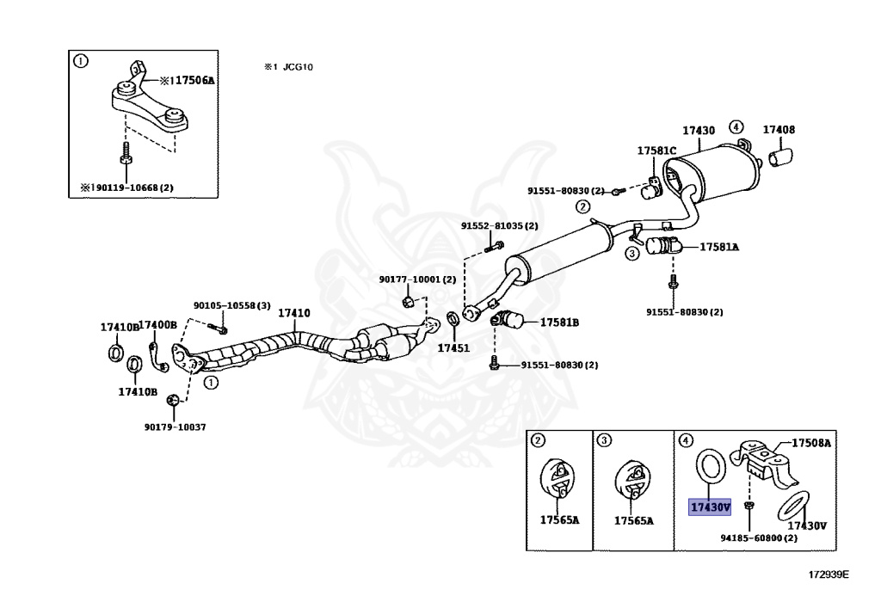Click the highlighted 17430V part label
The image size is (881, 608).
tap(710, 507)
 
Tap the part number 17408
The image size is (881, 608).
tap(779, 130)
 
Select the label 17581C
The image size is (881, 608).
tap(656, 150)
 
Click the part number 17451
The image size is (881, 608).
tap(453, 348)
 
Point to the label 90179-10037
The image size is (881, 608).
tap(176, 427)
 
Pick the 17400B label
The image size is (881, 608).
tap(158, 325)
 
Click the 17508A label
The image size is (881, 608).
tap(811, 443)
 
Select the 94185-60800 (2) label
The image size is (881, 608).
tap(759, 537)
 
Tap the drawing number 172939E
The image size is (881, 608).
tap(829, 574)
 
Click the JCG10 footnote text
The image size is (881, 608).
tap(298, 67)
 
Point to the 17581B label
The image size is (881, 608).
tap(559, 322)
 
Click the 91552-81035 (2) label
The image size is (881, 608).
tap(500, 225)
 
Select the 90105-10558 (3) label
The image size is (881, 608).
tap(232, 305)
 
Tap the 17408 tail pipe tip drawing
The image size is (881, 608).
tap(780, 157)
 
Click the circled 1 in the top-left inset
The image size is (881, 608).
tap(81, 61)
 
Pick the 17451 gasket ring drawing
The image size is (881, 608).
tap(453, 319)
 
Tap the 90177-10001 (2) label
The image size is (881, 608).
tap(417, 279)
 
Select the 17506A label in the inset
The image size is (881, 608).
tap(187, 80)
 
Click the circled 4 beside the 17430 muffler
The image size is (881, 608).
tap(736, 127)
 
